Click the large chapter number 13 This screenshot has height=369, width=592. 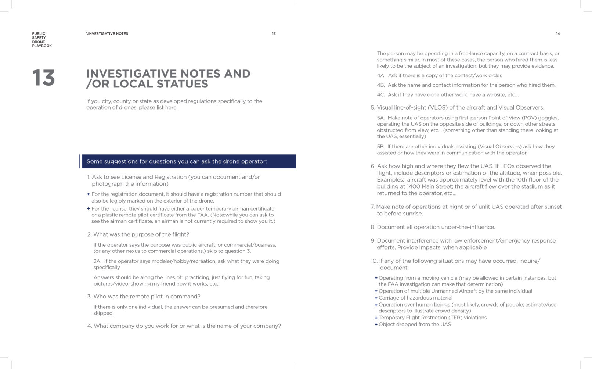(43, 78)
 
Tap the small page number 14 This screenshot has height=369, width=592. (557, 34)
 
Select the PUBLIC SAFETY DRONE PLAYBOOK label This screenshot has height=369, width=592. (41, 40)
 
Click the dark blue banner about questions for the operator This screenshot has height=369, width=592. (188, 161)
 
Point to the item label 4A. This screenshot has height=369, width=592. (381, 76)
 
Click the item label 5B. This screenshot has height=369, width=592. (381, 147)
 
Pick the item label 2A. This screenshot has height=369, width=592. (97, 261)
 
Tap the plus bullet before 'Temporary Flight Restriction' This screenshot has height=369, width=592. (376, 318)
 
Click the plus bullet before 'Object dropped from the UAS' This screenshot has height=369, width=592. (376, 325)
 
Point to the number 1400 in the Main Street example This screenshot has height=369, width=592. (413, 187)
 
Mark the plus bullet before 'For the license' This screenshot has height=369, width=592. (89, 209)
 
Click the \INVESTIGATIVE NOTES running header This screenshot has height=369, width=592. (107, 34)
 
